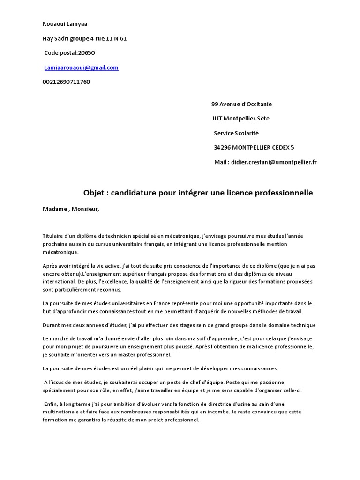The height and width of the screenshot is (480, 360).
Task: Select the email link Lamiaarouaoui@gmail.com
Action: [81, 67]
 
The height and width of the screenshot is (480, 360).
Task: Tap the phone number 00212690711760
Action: [66, 82]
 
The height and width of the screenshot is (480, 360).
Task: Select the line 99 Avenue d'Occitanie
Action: [242, 104]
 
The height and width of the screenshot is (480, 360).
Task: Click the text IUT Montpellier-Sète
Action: [241, 119]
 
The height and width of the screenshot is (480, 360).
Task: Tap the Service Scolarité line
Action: [236, 133]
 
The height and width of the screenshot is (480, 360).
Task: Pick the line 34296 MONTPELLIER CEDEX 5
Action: [254, 148]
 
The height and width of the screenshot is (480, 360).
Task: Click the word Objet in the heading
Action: [93, 193]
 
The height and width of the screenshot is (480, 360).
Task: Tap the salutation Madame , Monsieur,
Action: [71, 209]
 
